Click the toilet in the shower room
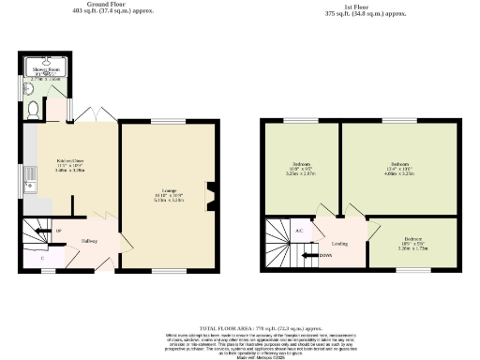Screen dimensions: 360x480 pyautogui.click(x=35, y=110)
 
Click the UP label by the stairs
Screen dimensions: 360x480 pyautogui.click(x=59, y=230)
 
